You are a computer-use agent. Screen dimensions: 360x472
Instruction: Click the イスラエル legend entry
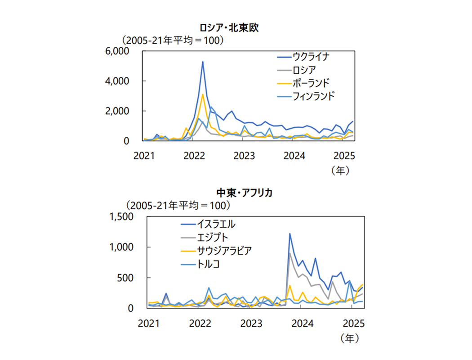(216, 224)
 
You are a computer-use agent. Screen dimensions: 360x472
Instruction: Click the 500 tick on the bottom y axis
(128, 278)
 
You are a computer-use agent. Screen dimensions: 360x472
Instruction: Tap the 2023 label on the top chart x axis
(244, 156)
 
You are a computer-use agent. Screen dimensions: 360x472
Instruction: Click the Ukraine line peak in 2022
(203, 62)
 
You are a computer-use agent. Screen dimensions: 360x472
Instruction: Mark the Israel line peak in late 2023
(289, 234)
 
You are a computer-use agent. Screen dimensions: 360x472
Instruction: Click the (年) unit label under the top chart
(340, 171)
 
